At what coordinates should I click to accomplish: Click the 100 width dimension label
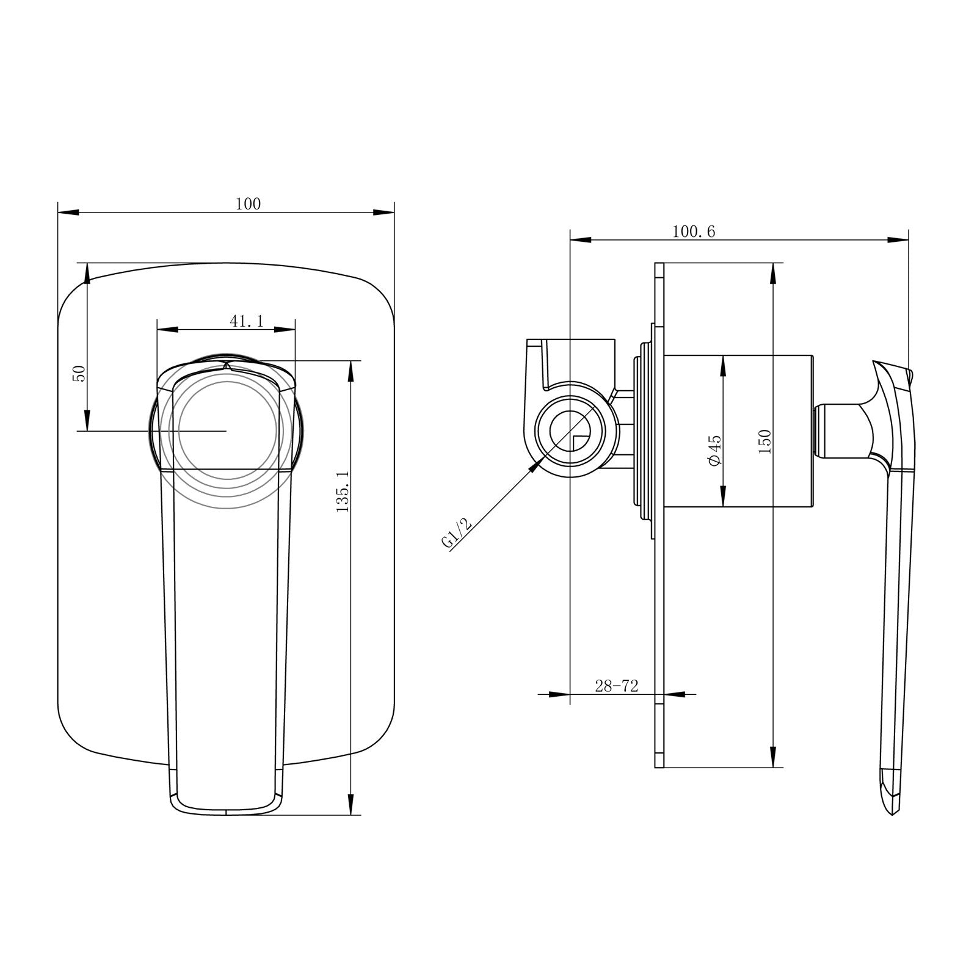(x=248, y=204)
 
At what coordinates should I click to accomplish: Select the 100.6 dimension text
(x=693, y=231)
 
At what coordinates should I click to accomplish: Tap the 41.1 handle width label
(x=247, y=321)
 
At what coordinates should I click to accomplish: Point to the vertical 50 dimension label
(x=79, y=373)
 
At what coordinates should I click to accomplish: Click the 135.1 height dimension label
(x=343, y=491)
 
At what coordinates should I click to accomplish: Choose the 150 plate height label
(x=765, y=441)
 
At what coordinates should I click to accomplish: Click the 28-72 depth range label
(x=616, y=686)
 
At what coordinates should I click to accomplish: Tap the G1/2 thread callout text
(x=457, y=532)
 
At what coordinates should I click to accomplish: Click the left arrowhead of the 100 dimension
(x=67, y=212)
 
